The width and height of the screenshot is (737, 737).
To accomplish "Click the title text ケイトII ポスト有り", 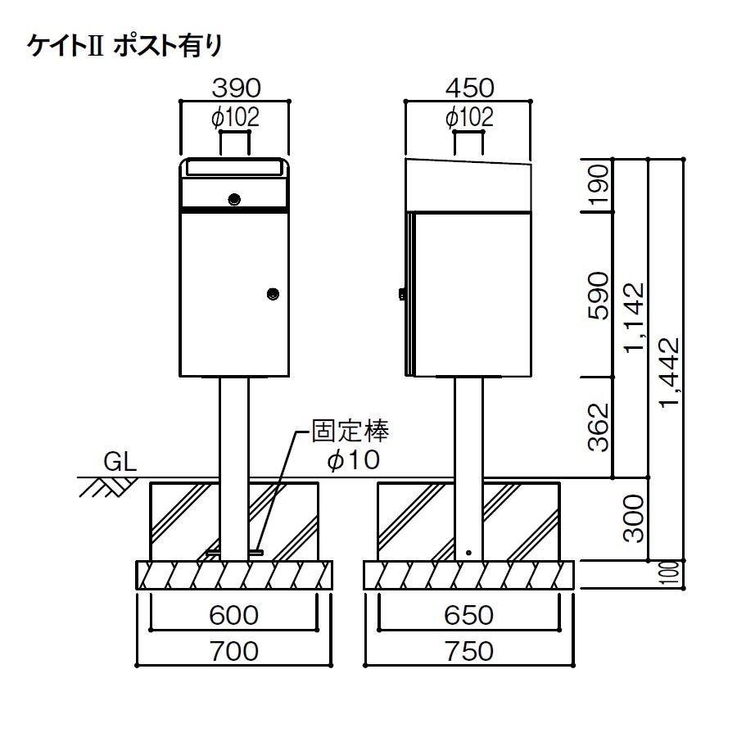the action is tap(124, 46).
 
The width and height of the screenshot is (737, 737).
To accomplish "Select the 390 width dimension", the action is tap(236, 88).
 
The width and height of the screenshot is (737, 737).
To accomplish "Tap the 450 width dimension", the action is tap(469, 88).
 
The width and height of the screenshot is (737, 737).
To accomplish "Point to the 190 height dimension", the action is tap(599, 185).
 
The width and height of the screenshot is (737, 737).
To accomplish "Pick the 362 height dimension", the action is tap(599, 427).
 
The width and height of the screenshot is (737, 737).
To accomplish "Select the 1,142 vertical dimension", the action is tap(634, 317).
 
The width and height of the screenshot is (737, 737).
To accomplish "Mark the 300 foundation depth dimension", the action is tap(633, 518).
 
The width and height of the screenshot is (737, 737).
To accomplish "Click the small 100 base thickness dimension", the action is tap(672, 573).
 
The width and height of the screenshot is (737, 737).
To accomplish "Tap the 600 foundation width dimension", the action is tap(233, 615).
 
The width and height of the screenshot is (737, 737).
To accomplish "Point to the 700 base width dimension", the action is tap(233, 652).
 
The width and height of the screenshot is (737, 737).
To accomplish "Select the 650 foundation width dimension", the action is tap(468, 615).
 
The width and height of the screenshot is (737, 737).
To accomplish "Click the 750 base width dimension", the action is tap(468, 652).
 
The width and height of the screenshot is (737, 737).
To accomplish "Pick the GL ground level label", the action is tap(120, 462).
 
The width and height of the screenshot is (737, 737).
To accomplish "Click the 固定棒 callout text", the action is tap(350, 432).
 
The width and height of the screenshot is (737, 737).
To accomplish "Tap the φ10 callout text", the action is tap(354, 459).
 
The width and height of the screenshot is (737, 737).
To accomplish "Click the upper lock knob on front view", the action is tap(234, 200).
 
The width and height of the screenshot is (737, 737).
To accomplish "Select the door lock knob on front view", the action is tap(273, 294).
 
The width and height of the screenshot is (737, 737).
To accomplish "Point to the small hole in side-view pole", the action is tap(468, 553).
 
